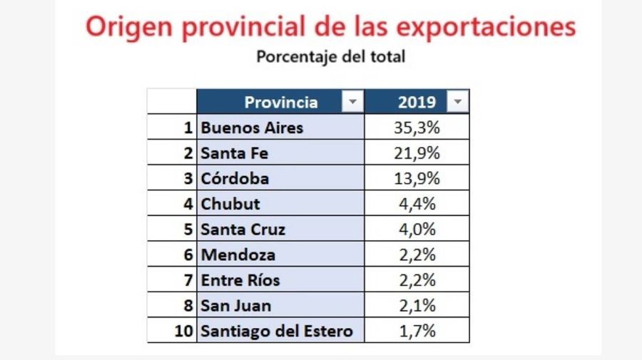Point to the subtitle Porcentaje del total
330,56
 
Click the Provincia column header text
280,102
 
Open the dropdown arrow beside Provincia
352,102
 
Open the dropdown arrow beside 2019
458,102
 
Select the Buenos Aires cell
252,128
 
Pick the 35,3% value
417,128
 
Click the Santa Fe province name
235,153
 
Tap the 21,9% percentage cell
417,153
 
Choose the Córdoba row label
235,178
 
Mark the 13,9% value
417,178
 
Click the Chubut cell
230,204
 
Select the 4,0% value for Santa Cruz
417,229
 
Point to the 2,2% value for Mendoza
417,254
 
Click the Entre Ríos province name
240,280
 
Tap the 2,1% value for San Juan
417,305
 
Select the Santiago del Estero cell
277,331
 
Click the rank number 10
185,331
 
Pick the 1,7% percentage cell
417,331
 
